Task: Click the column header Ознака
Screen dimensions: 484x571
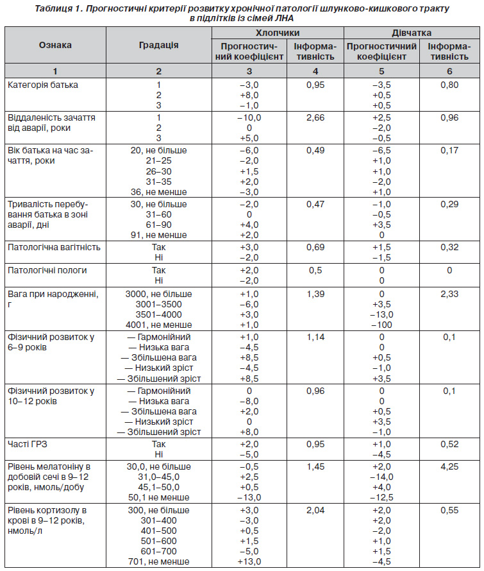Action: [55, 45]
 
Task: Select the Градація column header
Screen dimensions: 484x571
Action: [159, 45]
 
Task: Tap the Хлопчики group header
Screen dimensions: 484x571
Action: [278, 33]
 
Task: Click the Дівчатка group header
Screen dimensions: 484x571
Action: [412, 33]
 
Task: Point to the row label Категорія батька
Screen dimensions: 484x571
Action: [43, 85]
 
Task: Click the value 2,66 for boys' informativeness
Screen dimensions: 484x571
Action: [315, 117]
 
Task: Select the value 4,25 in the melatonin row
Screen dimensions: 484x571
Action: [449, 466]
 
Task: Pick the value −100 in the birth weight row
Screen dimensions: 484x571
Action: [381, 325]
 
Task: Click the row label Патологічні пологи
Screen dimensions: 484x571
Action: [47, 270]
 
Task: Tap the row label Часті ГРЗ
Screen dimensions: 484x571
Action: [28, 444]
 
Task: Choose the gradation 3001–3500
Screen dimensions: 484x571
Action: [159, 304]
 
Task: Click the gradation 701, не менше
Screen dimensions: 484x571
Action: [159, 561]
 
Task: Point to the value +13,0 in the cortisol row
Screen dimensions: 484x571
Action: [249, 561]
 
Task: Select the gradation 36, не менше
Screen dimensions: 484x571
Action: [159, 192]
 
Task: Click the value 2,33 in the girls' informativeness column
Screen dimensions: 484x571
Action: [449, 294]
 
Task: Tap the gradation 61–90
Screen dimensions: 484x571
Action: [159, 225]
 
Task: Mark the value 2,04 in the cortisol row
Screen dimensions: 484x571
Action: [315, 510]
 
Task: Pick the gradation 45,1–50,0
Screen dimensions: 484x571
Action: [159, 487]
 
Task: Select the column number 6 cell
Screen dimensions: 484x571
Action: [449, 71]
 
